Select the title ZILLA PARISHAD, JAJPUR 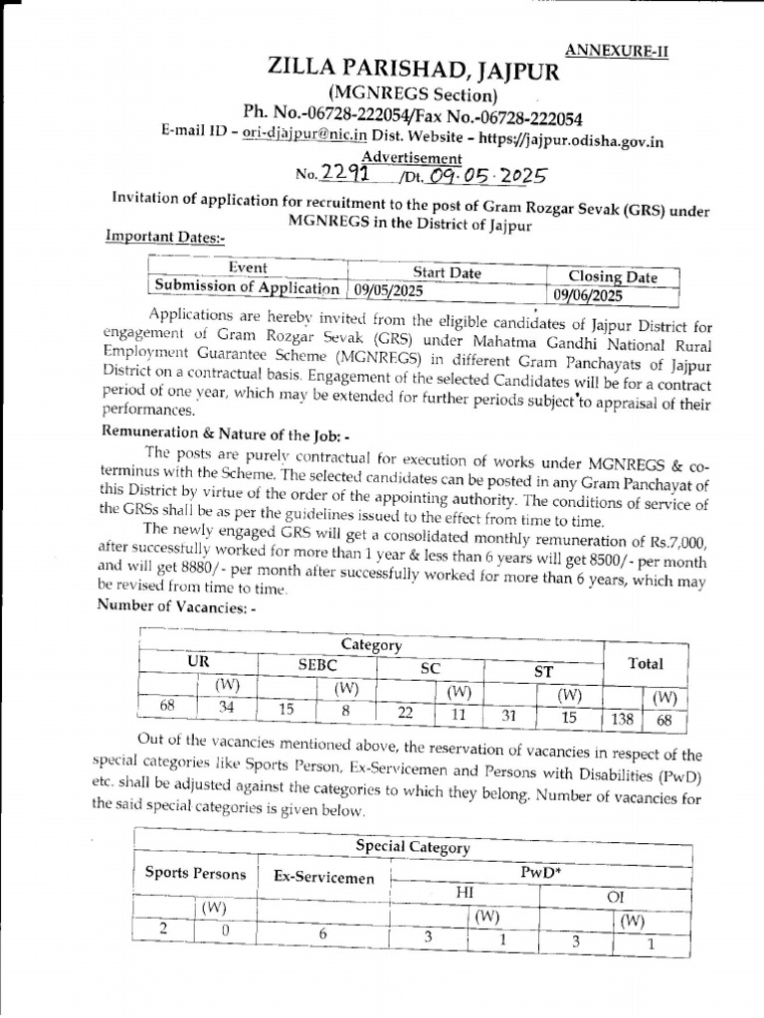[x=414, y=72]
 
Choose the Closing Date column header [x=612, y=275]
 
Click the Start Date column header [x=447, y=272]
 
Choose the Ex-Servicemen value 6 [x=322, y=933]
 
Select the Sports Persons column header [x=195, y=874]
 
